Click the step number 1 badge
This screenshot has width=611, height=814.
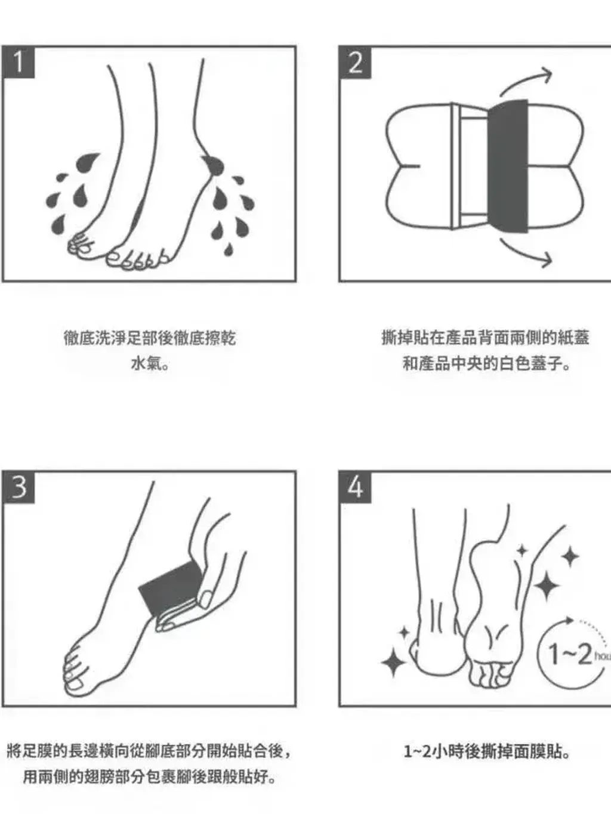18,62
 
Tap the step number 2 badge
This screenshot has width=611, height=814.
355,62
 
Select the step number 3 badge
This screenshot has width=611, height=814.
18,487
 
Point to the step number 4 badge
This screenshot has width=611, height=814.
355,487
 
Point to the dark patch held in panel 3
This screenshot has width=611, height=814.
169,587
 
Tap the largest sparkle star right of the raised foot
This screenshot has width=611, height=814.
547,584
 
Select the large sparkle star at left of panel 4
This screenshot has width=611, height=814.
394,662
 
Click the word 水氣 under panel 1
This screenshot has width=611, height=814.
149,363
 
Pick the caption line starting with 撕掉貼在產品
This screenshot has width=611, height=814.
485,338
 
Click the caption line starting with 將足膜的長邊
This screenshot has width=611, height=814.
149,751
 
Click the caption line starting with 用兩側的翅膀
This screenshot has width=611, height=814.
149,777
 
